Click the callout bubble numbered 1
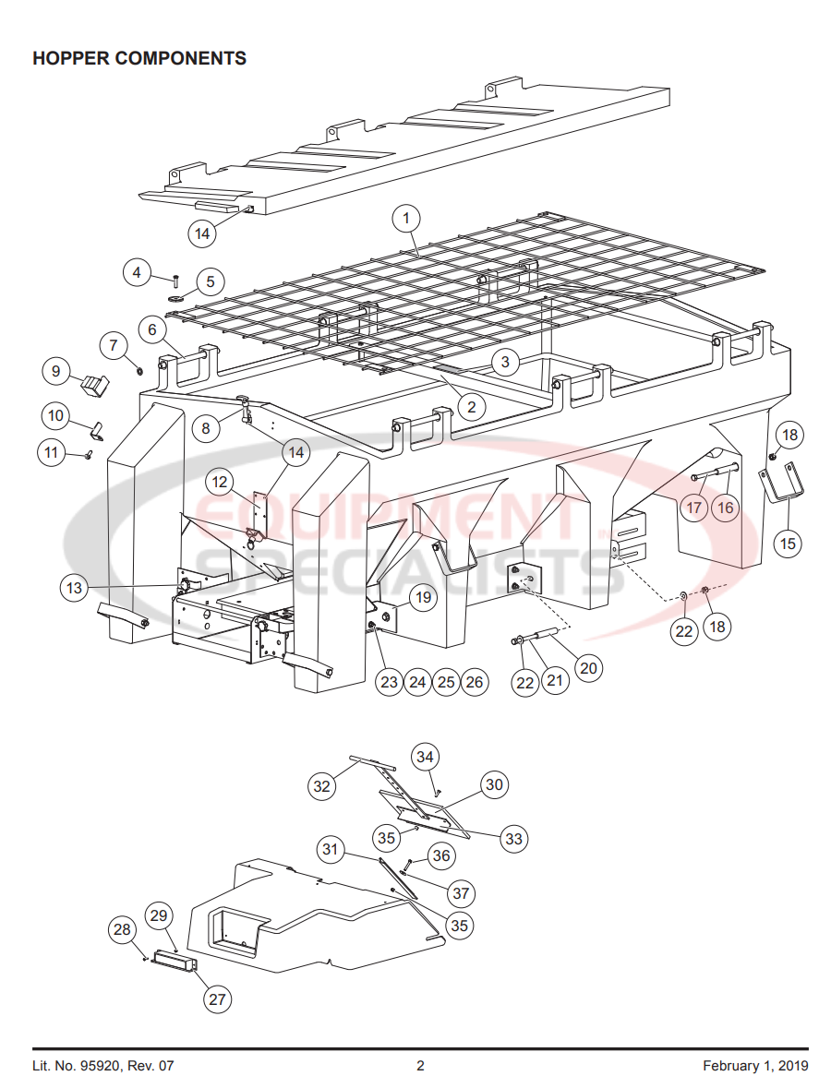(x=405, y=219)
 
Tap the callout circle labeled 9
(x=55, y=371)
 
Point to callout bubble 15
(x=788, y=544)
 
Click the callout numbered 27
(x=218, y=998)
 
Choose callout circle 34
(x=424, y=757)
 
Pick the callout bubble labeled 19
(x=422, y=598)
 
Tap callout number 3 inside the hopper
(x=504, y=362)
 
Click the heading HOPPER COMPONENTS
(x=139, y=58)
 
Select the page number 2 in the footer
(x=420, y=1066)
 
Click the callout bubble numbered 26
(x=474, y=682)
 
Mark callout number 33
(x=513, y=838)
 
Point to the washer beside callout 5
(x=176, y=299)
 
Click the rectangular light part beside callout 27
(x=175, y=960)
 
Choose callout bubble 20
(x=587, y=666)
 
